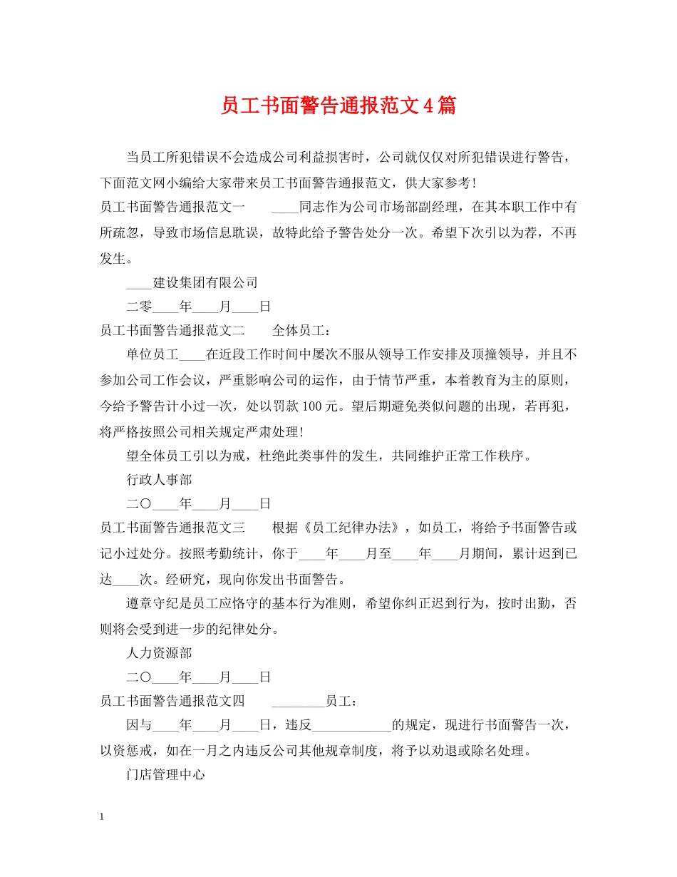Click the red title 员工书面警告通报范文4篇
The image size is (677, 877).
(338, 106)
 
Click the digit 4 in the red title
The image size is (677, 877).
(428, 106)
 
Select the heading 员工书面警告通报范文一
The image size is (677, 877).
(172, 207)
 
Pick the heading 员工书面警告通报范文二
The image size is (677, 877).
(172, 331)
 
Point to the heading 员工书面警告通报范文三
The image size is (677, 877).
(172, 528)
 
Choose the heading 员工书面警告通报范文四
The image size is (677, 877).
(172, 701)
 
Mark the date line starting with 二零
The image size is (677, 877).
(199, 307)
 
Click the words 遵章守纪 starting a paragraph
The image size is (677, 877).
(153, 602)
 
